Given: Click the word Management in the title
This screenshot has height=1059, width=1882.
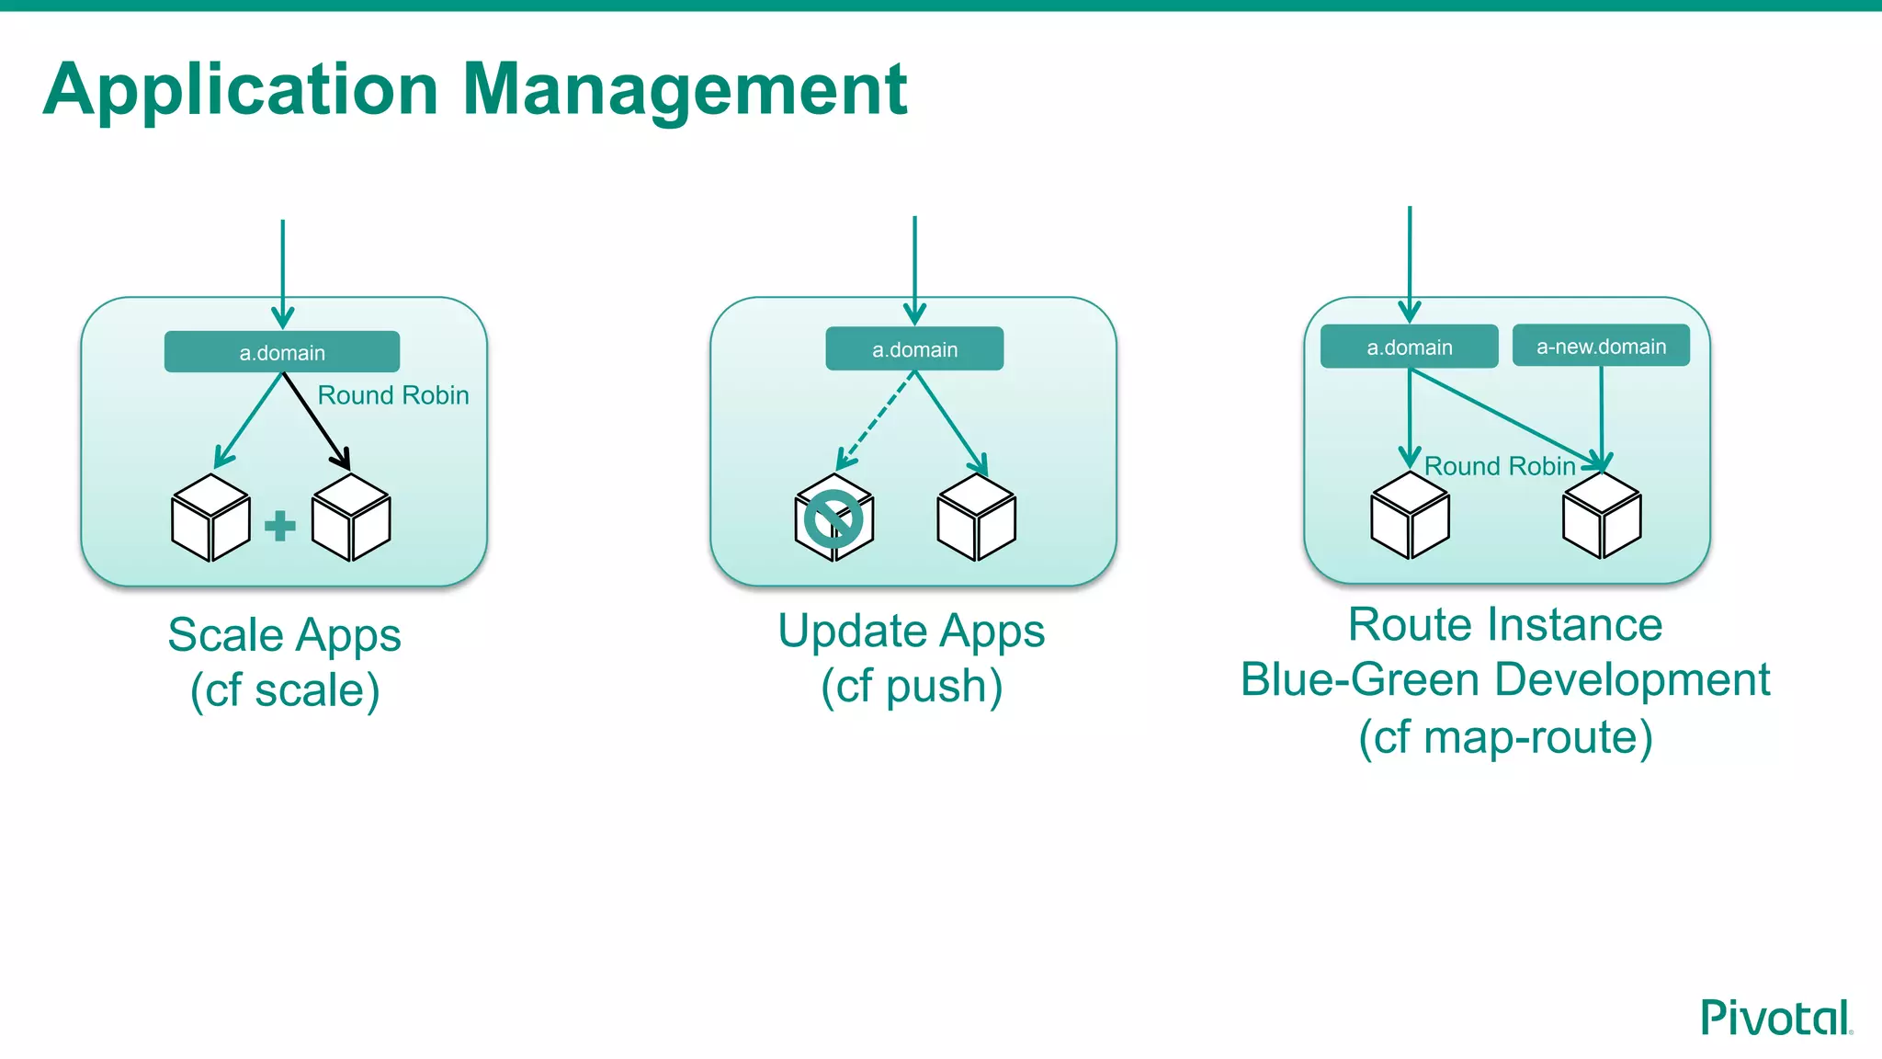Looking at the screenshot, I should [x=685, y=90].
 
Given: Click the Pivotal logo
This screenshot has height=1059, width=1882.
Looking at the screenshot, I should [x=1774, y=1019].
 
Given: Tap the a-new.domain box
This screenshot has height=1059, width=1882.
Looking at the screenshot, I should [x=1601, y=347].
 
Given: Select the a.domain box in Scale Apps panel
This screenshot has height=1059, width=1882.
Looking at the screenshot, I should [x=282, y=352].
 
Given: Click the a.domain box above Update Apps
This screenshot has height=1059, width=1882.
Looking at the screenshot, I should [x=914, y=349].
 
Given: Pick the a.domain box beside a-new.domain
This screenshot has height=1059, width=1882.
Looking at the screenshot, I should [x=1409, y=347].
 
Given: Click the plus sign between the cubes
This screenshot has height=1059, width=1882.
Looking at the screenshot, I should [x=280, y=526].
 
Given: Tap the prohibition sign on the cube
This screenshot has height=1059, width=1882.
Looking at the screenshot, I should [x=833, y=519].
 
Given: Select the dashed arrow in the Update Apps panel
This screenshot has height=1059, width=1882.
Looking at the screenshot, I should [x=875, y=421].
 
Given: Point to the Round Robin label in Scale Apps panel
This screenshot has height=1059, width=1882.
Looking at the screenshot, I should [x=393, y=395].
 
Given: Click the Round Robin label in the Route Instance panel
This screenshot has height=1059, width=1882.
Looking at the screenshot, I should [x=1500, y=466].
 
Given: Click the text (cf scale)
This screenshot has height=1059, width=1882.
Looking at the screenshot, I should [x=285, y=690].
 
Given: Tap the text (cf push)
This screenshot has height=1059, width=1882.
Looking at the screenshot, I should [x=912, y=687].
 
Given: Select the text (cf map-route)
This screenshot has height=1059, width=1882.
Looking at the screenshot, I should [x=1505, y=737].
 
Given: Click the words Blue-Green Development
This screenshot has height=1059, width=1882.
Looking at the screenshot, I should [x=1505, y=680].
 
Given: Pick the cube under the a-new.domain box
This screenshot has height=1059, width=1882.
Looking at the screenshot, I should [x=1602, y=516].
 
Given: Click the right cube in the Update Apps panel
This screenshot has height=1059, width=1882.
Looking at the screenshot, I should [x=976, y=518].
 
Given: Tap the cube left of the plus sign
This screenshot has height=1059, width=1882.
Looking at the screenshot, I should [x=210, y=518].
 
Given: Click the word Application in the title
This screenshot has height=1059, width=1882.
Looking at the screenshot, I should [x=241, y=90].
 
